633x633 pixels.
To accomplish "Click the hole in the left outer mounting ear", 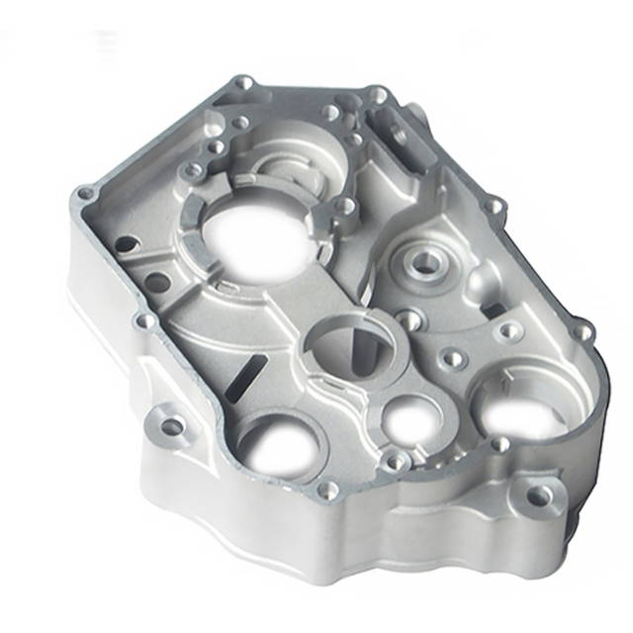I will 172,427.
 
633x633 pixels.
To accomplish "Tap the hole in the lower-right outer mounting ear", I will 538,496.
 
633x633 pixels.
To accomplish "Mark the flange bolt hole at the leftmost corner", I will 86,193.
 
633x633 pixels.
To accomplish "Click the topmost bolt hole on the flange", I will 241,83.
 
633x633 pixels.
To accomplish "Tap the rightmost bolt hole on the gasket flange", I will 584,332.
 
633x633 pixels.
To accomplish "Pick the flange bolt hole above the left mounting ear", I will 147,321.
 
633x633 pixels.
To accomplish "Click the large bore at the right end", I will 520,407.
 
